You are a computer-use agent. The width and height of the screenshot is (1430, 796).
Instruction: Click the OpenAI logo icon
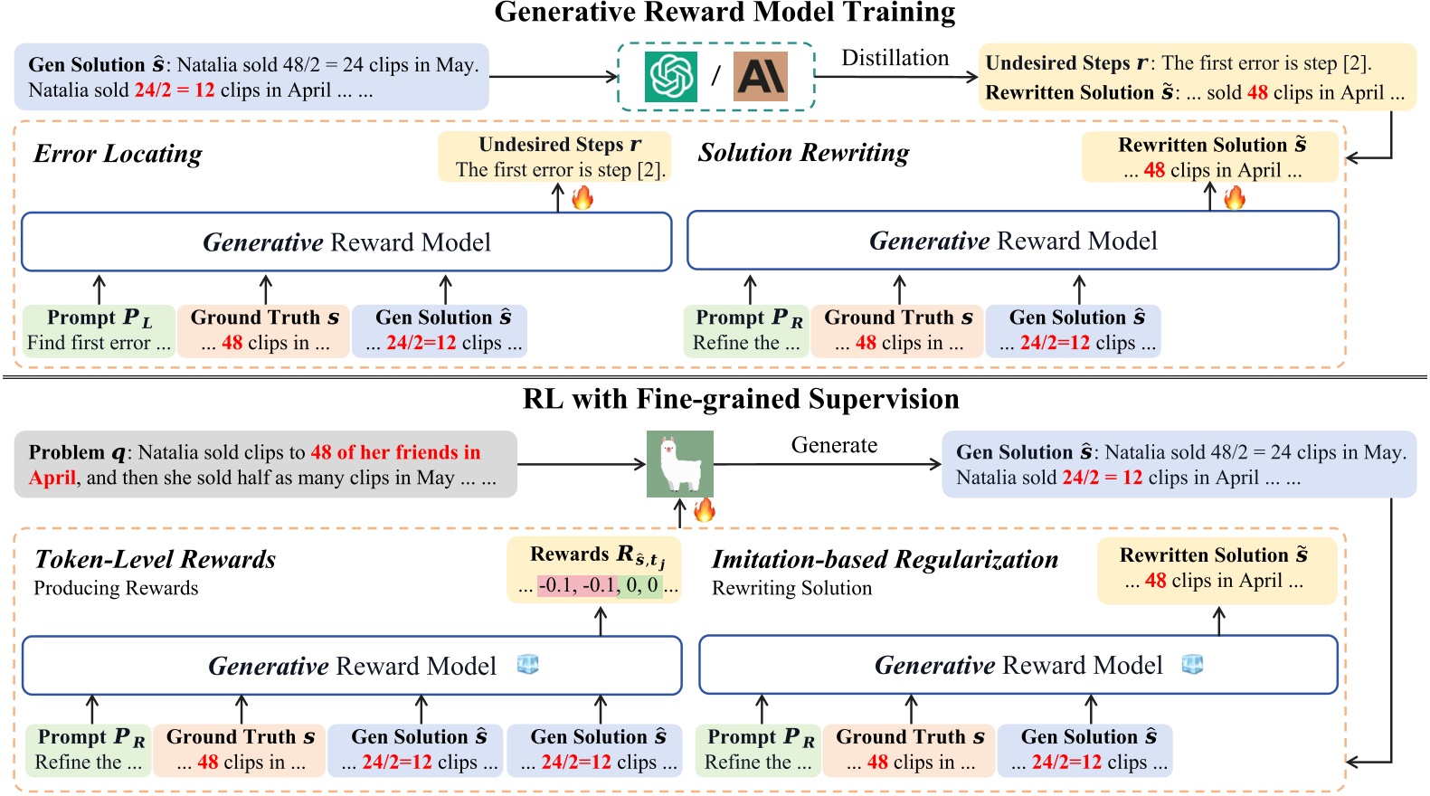point(670,76)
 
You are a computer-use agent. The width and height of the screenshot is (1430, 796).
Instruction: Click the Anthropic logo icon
point(760,76)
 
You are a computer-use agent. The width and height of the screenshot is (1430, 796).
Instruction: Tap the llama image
point(679,463)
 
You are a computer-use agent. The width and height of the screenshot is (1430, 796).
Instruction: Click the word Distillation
point(895,58)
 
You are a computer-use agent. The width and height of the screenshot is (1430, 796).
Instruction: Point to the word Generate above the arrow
point(834,445)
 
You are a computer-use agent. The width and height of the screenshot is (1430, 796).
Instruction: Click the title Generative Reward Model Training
point(724,13)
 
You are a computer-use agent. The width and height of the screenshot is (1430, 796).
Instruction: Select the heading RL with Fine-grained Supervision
point(740,399)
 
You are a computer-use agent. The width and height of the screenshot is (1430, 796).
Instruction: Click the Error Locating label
point(118,154)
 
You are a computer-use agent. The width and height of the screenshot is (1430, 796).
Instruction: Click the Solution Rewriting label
point(803,153)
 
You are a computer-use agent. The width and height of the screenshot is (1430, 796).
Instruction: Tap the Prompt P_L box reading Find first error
point(99,330)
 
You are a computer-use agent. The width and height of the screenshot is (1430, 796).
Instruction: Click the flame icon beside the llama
point(705,510)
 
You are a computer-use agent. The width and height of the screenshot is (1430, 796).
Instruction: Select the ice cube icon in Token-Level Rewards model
point(527,665)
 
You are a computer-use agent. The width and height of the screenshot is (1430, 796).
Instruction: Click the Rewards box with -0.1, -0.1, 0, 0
point(593,571)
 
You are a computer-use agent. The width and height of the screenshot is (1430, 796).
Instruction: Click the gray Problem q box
point(265,464)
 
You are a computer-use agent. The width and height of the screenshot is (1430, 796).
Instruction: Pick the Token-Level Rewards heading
point(155,559)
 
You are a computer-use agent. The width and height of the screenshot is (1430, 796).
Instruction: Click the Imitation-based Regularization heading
point(885,559)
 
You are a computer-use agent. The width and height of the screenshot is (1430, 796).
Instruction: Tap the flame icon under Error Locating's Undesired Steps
point(582,197)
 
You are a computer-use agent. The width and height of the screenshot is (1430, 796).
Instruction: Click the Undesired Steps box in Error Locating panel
point(554,156)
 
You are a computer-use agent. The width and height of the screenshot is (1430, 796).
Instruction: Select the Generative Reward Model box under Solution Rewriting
point(1012,241)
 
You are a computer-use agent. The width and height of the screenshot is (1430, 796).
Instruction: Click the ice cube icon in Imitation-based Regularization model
point(1193,665)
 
